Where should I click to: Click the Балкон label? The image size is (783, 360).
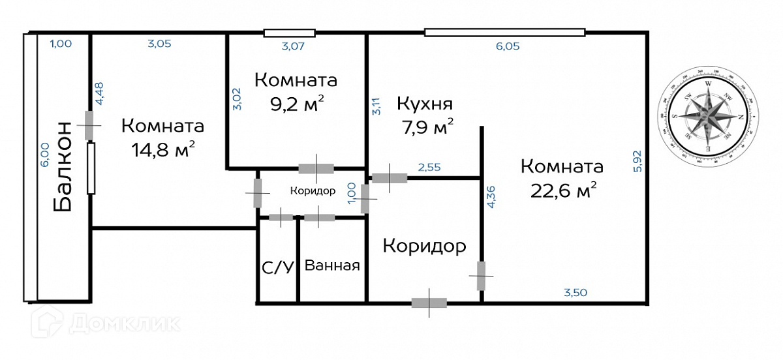tap(63, 167)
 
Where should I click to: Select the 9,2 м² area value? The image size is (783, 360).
tap(296, 103)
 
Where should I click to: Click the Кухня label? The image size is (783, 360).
tap(425, 104)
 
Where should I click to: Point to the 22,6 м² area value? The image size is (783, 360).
tap(562, 190)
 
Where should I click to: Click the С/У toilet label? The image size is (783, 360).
tap(277, 266)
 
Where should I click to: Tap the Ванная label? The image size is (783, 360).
tap(332, 266)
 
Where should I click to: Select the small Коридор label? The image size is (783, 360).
tap(313, 192)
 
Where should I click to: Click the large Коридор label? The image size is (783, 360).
tap(424, 247)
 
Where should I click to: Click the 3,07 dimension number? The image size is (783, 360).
tap(294, 46)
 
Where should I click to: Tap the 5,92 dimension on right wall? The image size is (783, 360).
tap(637, 162)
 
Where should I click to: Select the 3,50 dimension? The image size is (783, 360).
tap(576, 293)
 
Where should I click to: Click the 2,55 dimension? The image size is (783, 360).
tap(429, 168)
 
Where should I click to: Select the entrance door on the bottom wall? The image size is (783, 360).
tap(429, 303)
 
